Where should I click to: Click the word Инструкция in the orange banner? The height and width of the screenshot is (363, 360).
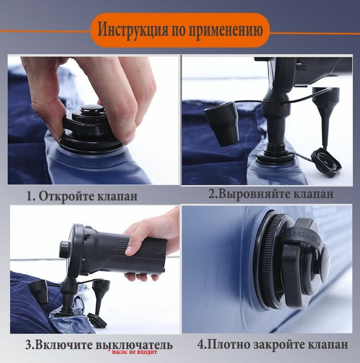(132, 29)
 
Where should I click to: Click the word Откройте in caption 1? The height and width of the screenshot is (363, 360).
(66, 196)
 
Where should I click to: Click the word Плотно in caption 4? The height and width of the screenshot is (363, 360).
(228, 344)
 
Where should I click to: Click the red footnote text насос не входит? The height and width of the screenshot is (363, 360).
(134, 352)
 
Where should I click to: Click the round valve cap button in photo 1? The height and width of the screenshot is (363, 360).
(92, 108)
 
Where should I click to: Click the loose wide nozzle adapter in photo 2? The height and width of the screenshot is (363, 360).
(222, 124)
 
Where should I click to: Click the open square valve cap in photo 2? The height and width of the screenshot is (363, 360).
(326, 163)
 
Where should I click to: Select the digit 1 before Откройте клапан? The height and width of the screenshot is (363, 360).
(29, 197)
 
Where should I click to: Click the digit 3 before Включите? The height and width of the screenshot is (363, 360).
(28, 345)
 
